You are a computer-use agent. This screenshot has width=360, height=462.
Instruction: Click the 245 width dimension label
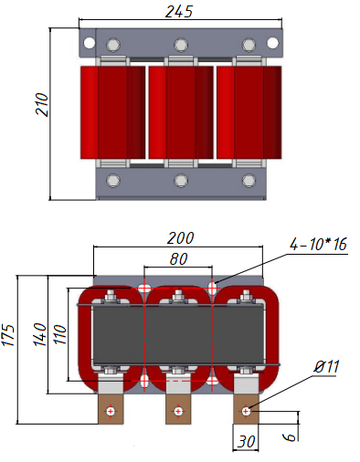coord(179,12)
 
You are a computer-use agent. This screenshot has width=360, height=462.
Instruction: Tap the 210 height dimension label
coord(42,104)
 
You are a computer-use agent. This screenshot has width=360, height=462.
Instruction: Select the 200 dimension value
coord(180,238)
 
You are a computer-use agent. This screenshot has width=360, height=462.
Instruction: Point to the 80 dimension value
coord(179,259)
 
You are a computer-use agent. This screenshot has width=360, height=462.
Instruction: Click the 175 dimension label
coord(8,335)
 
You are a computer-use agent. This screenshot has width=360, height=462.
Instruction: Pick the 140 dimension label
coord(40,334)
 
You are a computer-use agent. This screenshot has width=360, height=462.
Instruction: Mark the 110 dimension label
coord(60,335)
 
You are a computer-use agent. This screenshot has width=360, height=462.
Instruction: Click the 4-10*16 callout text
coord(318,245)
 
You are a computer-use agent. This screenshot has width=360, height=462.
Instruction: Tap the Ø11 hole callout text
coord(327,366)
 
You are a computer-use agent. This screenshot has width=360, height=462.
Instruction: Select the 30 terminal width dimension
coord(246,442)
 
